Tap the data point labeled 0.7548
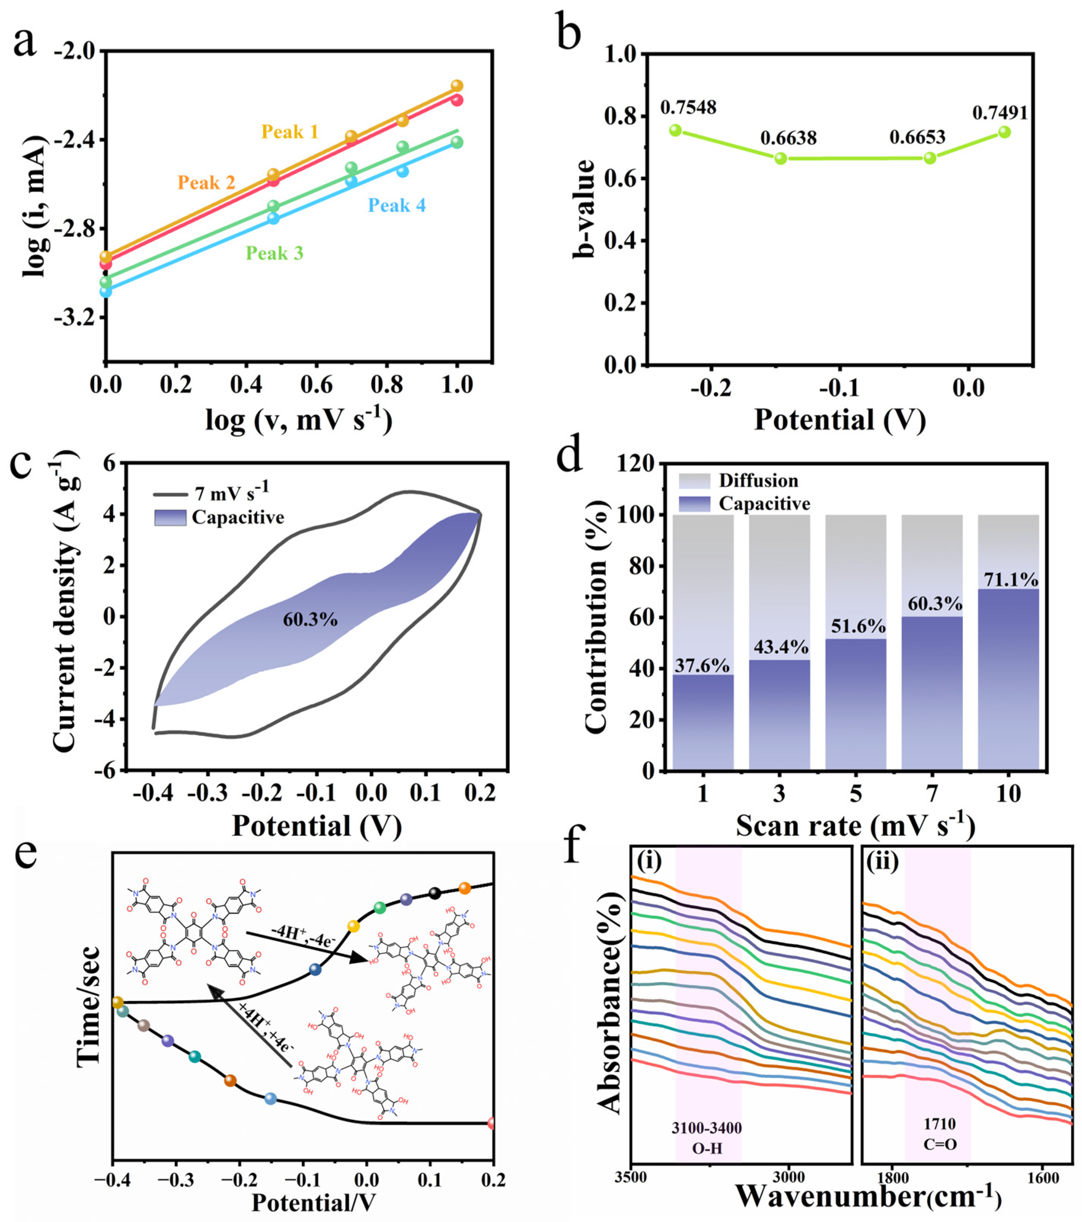tap(675, 130)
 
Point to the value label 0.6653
tap(917, 138)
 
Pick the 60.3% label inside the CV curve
tap(310, 619)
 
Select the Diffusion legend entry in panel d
tap(758, 481)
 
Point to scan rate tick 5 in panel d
tap(855, 794)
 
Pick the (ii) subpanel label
tap(882, 863)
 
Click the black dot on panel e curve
tap(435, 893)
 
